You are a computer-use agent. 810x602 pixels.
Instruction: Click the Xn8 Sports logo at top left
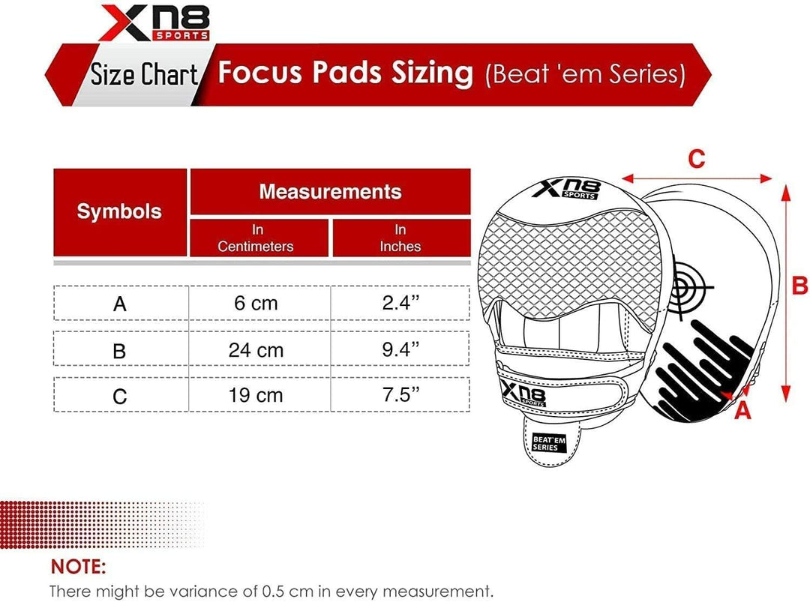[154, 22]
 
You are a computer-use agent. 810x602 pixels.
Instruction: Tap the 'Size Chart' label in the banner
[144, 75]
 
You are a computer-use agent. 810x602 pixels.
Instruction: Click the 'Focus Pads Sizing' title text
[345, 73]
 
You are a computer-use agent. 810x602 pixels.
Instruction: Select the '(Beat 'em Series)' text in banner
[585, 74]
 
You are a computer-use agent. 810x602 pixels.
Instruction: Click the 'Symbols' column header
[119, 211]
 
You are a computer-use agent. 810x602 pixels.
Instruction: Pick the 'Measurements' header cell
[330, 191]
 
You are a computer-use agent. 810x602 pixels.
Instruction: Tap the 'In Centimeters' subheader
[256, 238]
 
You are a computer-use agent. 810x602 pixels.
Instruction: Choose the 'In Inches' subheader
[400, 238]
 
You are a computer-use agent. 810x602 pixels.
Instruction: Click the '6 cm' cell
[256, 303]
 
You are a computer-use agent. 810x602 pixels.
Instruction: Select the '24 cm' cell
[256, 349]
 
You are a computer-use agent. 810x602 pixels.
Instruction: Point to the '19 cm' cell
[256, 394]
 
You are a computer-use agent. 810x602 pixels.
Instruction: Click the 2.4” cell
[400, 303]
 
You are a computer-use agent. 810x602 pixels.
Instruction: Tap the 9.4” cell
[400, 349]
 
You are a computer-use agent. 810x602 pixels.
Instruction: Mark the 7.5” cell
[400, 394]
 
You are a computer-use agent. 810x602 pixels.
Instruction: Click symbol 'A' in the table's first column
[119, 304]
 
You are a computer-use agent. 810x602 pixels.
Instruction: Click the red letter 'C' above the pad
[697, 159]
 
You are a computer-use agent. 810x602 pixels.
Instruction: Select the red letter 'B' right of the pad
[799, 286]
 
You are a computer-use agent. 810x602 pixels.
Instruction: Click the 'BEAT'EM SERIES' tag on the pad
[547, 442]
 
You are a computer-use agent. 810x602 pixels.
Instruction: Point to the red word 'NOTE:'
[79, 565]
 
